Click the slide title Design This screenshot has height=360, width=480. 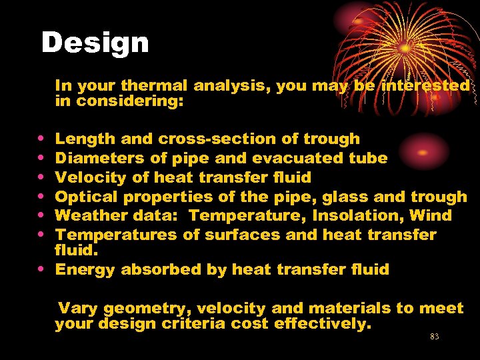[x=95, y=43]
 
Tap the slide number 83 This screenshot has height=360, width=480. [x=435, y=337]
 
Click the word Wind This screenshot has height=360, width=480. [x=433, y=215]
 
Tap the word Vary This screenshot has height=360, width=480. [x=79, y=308]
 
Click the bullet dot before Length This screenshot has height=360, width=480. [x=42, y=139]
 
